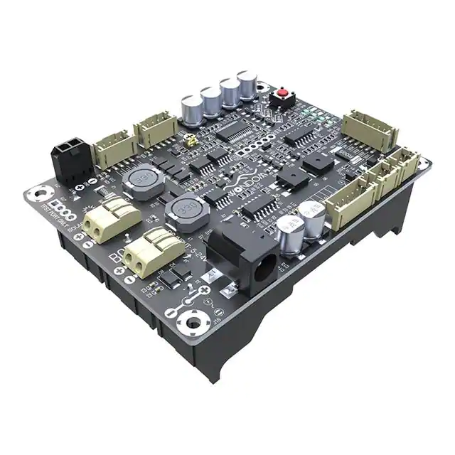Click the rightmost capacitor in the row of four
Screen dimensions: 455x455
(247, 85)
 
